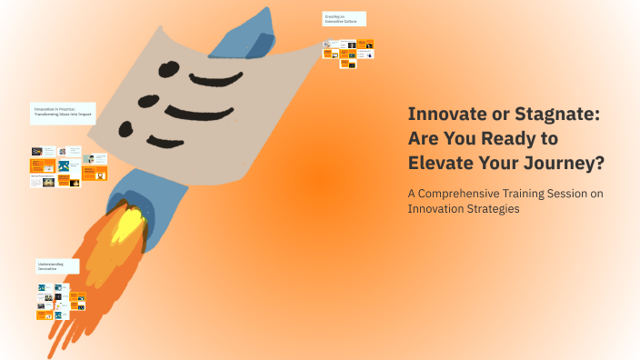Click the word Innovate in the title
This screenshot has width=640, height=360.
tap(443, 115)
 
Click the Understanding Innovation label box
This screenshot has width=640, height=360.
tap(56, 266)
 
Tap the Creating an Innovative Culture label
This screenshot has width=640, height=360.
tap(344, 19)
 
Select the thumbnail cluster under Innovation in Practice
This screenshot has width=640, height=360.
tap(67, 166)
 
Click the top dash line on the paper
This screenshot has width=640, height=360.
tap(219, 75)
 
